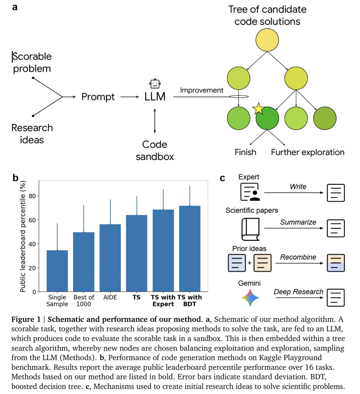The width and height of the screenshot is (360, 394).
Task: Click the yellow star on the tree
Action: pos(259,109)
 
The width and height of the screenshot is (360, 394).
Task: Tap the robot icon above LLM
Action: pos(155,83)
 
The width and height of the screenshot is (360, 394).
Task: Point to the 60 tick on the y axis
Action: pos(32,220)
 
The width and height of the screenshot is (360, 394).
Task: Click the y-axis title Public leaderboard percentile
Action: pos(23,236)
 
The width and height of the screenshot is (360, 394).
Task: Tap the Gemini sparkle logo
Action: pos(250,297)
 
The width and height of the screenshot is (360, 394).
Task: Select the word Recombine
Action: pos(298,257)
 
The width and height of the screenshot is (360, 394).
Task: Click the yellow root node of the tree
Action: pos(267,40)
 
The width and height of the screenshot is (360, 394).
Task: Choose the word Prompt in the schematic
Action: pos(98,97)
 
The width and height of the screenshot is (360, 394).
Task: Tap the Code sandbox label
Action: pos(155,150)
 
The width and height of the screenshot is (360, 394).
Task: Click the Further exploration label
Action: pos(307,152)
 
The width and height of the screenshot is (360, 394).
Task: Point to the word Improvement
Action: pos(201,90)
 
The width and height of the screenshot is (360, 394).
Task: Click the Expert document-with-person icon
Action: pos(250,192)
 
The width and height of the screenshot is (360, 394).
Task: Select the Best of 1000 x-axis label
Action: pos(83,300)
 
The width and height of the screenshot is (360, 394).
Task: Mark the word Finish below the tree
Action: pos(245,152)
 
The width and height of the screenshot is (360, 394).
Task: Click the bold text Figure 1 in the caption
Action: pos(26,319)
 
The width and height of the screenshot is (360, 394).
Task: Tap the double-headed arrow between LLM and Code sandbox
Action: pos(155,120)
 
